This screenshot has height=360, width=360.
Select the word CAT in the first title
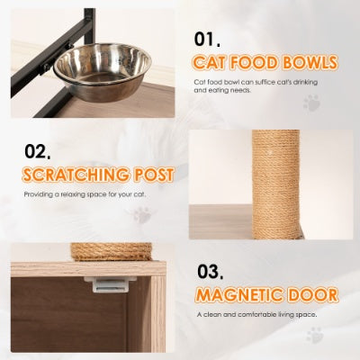215,62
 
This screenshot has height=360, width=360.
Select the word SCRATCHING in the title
74,174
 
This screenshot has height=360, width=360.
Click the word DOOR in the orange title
315,294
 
